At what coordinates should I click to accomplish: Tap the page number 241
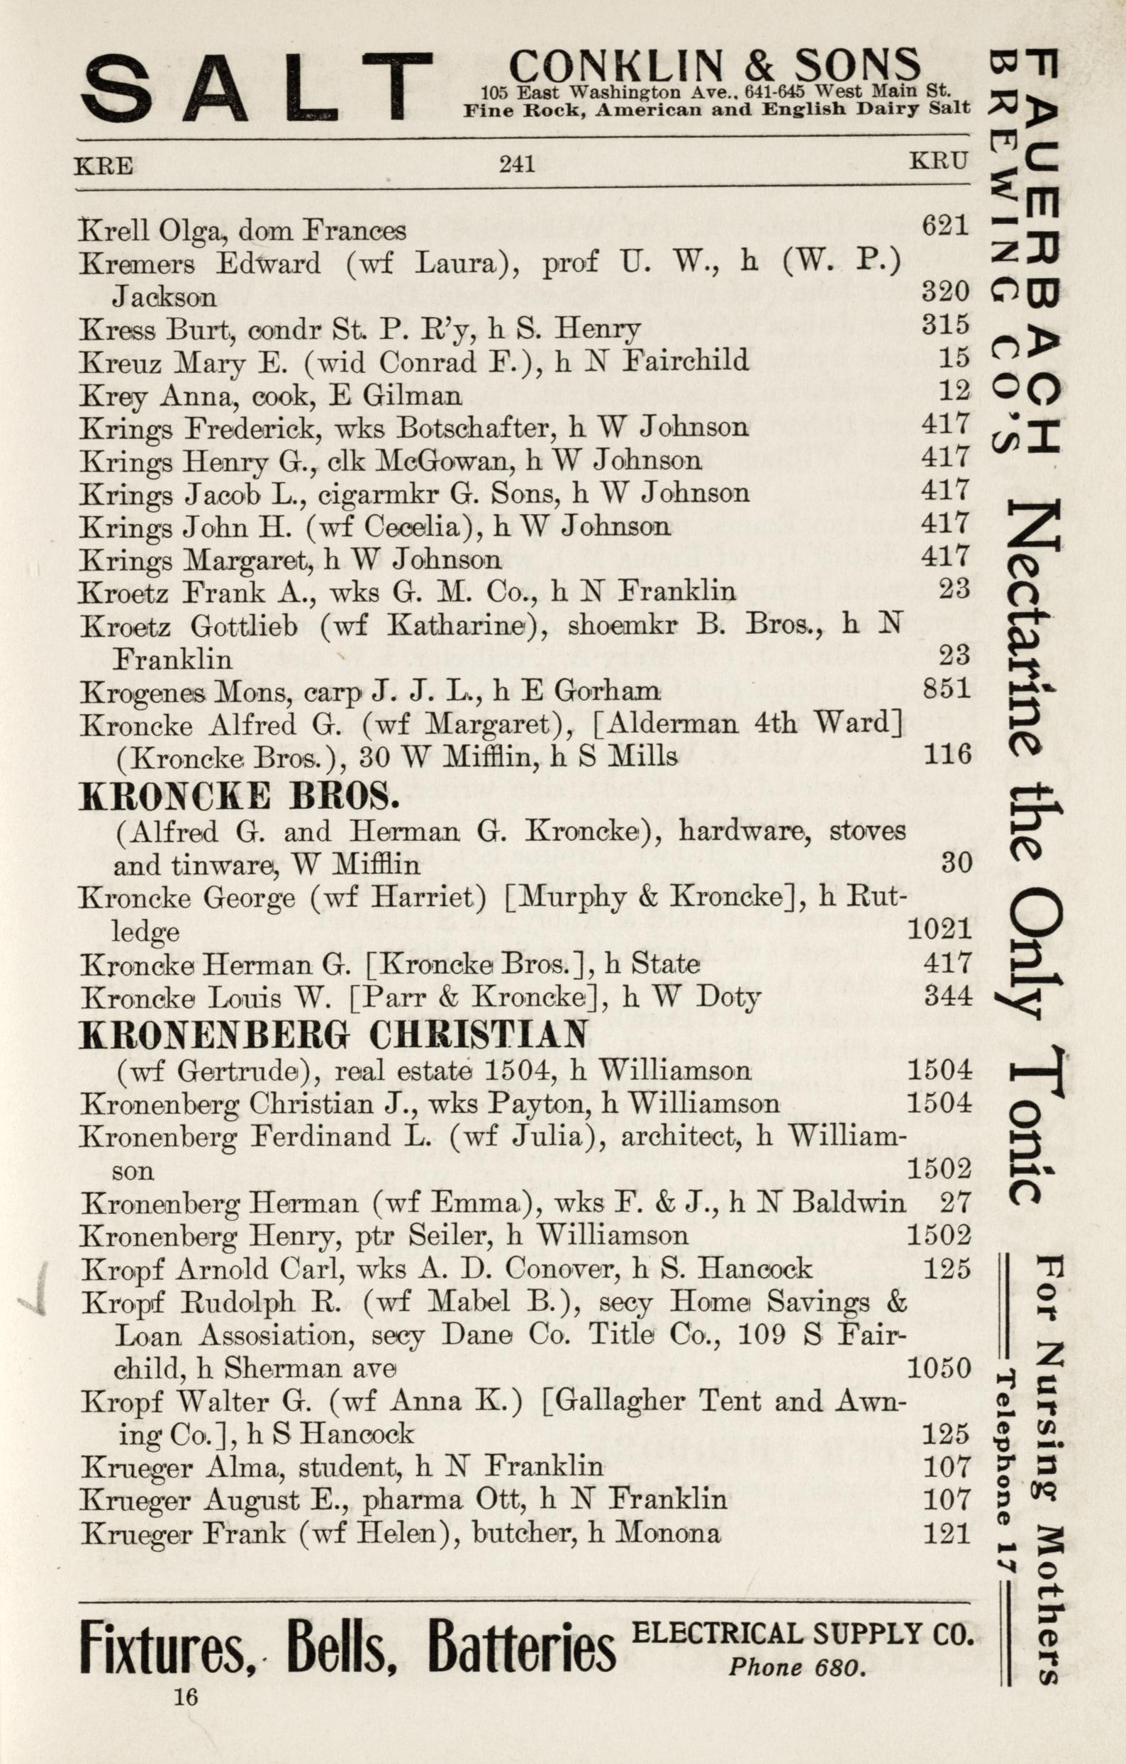point(516,163)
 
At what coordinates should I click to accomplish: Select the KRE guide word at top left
point(104,167)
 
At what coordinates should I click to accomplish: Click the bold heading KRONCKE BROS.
point(239,796)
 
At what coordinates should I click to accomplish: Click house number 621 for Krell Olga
point(945,225)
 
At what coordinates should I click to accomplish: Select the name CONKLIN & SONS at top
point(714,65)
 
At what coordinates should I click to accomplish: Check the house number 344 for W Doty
point(947,996)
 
